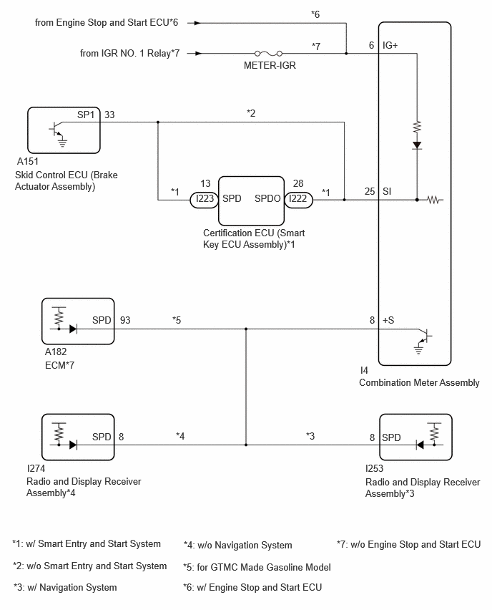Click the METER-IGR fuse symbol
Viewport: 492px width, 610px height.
(x=269, y=53)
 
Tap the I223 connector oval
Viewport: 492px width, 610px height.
(x=205, y=200)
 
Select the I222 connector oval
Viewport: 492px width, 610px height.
(x=298, y=200)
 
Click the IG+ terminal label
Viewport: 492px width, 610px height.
(x=390, y=46)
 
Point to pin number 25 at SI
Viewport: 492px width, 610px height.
(x=370, y=191)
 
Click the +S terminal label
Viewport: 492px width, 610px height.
(x=388, y=320)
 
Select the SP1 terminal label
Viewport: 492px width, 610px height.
(x=86, y=115)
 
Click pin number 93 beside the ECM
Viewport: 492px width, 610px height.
(x=125, y=320)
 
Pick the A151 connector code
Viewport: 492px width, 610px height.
(x=28, y=161)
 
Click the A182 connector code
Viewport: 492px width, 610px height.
(x=56, y=352)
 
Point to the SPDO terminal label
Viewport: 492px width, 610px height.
(x=267, y=198)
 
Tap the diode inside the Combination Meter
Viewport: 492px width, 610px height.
(x=417, y=145)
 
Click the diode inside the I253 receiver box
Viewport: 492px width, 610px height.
(x=420, y=445)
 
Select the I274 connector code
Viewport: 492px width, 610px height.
(x=36, y=468)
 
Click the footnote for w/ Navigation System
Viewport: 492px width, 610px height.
(x=65, y=587)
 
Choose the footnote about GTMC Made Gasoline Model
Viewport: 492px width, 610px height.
(x=257, y=567)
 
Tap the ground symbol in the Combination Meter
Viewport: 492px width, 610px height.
(x=418, y=349)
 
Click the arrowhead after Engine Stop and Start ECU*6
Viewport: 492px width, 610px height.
(x=197, y=23)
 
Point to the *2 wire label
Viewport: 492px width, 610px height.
(x=251, y=113)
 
